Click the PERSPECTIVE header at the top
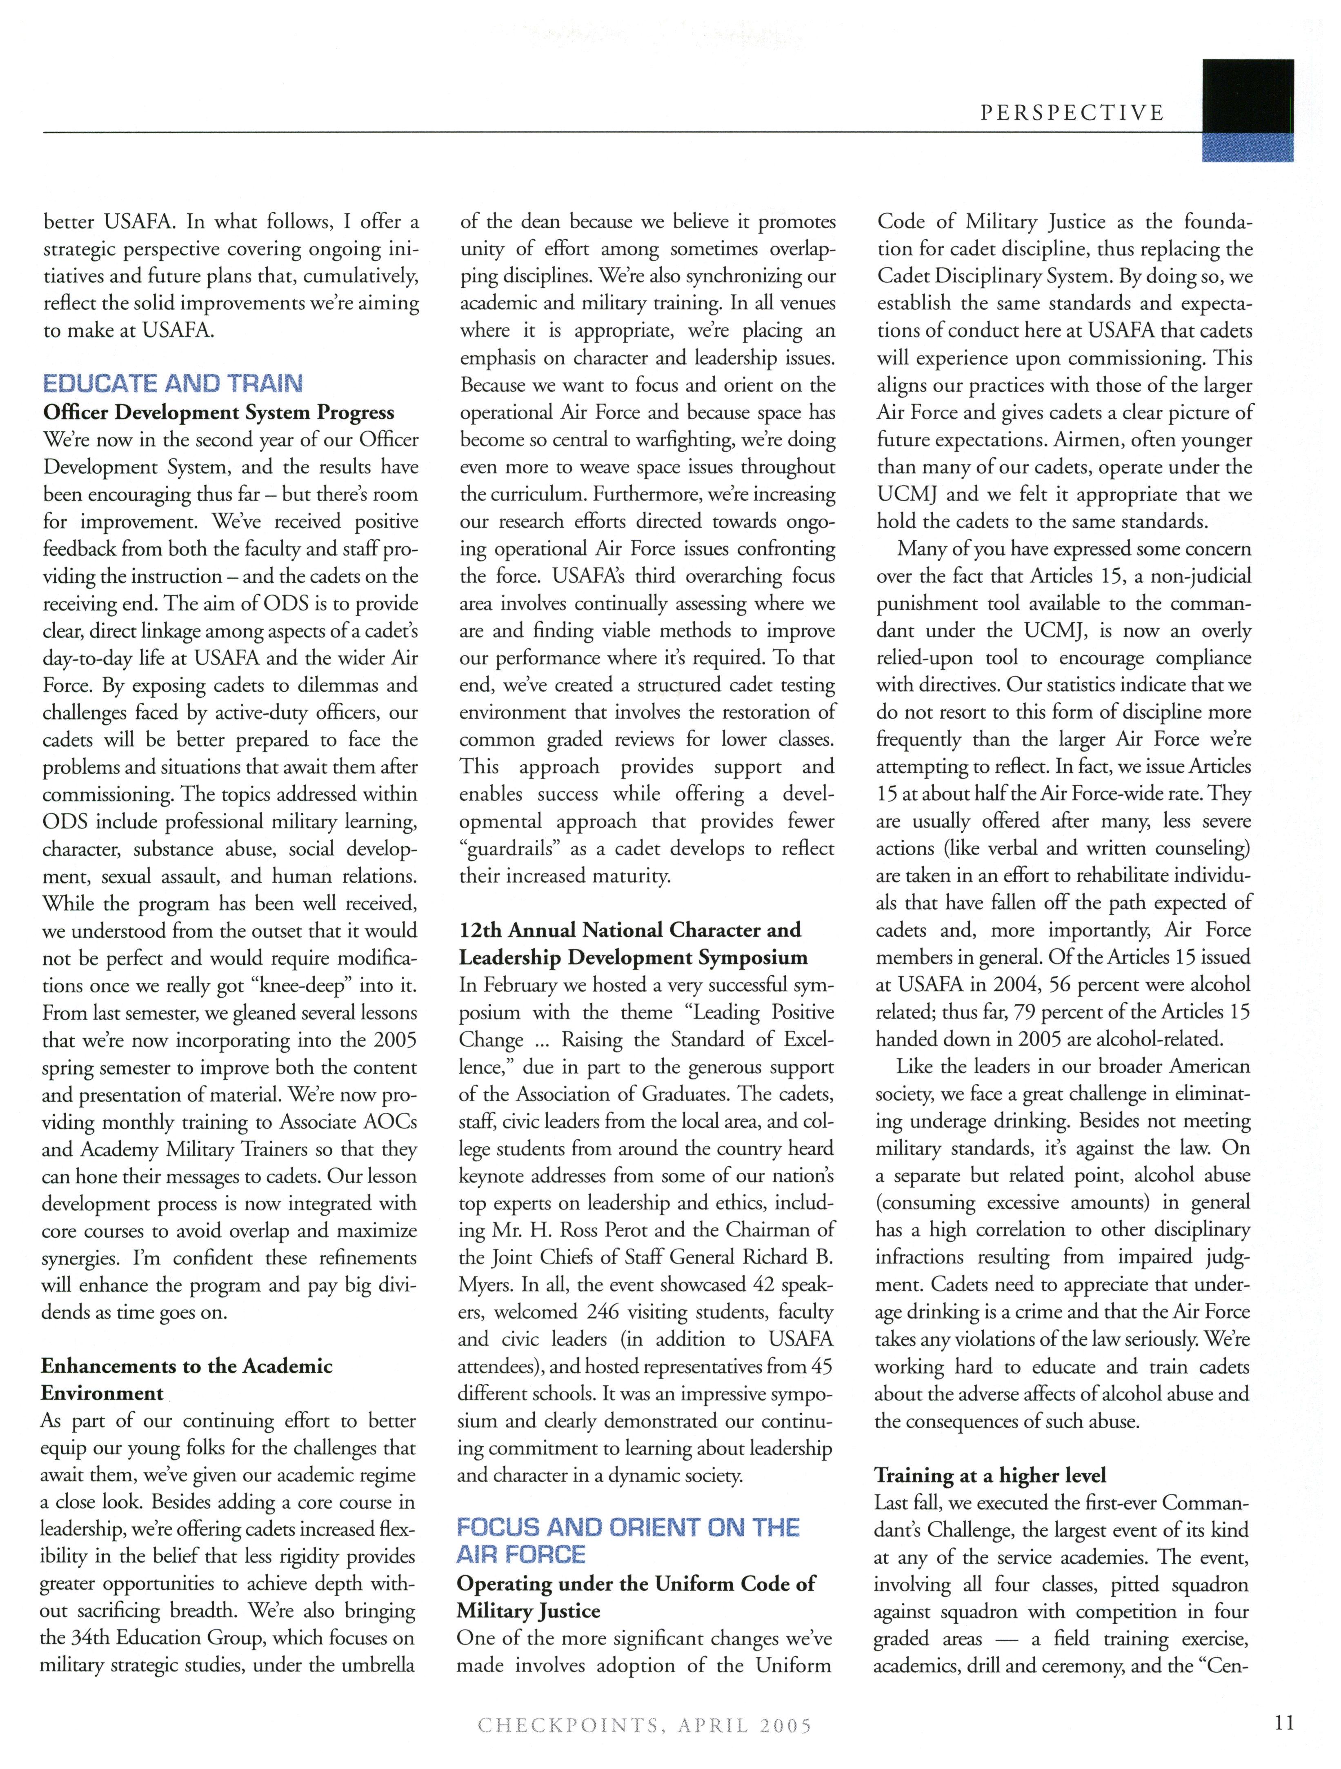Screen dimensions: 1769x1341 tap(1072, 113)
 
